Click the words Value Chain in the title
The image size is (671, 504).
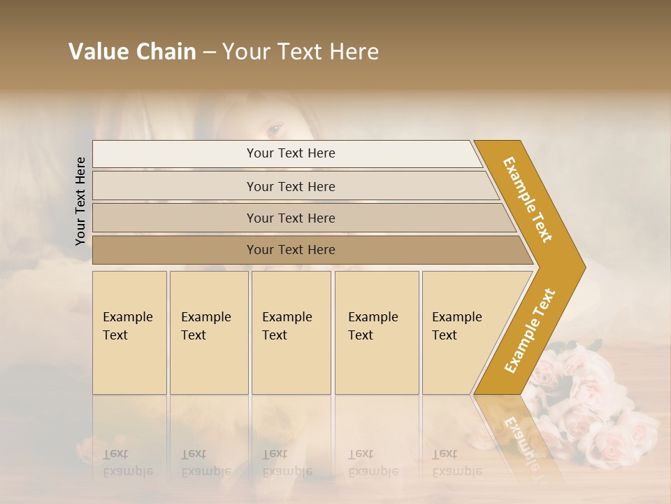pos(132,52)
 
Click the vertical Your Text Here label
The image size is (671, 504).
pos(80,201)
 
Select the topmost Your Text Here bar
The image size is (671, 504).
pos(290,153)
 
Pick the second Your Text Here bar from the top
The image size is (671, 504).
pos(290,186)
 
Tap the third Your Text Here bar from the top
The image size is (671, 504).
pos(290,218)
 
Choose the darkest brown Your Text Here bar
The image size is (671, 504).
pos(290,250)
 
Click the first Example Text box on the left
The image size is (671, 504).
pos(129,332)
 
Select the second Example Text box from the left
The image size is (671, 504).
pos(209,332)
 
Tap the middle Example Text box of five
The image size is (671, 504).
pos(291,332)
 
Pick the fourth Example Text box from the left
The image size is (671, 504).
pos(377,332)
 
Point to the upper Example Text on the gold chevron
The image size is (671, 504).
pos(528,199)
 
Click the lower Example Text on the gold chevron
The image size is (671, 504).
pos(529,331)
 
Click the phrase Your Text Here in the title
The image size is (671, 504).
pos(301,52)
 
